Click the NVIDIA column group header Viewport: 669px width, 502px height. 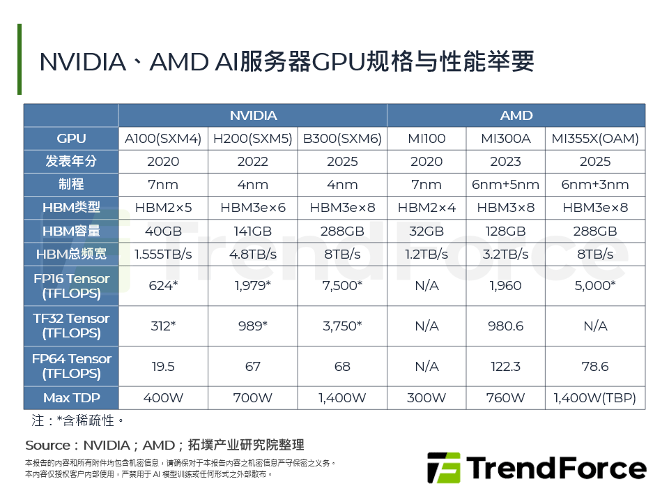click(x=253, y=115)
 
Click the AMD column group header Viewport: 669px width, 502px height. click(x=516, y=115)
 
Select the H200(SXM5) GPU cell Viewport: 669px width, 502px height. click(x=252, y=138)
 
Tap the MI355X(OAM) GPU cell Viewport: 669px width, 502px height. click(x=594, y=138)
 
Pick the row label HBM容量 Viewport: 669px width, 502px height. click(x=71, y=231)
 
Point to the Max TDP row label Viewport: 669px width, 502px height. click(x=71, y=398)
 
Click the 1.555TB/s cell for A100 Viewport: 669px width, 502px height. click(x=163, y=254)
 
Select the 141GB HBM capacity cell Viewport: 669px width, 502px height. click(x=252, y=231)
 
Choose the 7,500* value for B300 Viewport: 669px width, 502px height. click(x=342, y=286)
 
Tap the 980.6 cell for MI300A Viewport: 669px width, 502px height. click(x=505, y=326)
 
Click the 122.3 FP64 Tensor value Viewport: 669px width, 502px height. click(x=505, y=366)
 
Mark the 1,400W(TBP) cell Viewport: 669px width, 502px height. click(x=594, y=398)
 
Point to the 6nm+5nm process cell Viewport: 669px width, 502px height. click(x=505, y=184)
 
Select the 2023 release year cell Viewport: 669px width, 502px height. click(x=505, y=161)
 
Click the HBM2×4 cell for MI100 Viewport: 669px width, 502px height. click(x=426, y=207)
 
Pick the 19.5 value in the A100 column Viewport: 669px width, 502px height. click(x=163, y=366)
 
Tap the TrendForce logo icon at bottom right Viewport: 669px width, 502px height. click(x=443, y=468)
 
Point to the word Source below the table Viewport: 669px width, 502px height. click(x=47, y=445)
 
